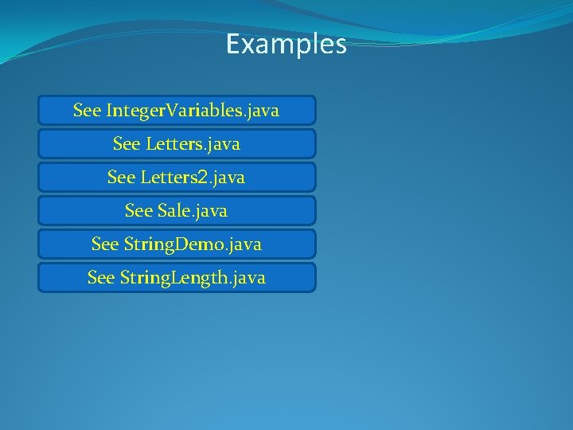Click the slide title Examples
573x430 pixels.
click(x=286, y=44)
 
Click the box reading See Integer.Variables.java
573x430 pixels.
click(x=177, y=111)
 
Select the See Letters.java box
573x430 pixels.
click(x=177, y=144)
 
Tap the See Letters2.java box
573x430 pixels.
click(x=177, y=178)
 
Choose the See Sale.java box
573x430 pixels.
click(x=177, y=211)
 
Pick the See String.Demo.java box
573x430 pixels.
click(x=177, y=244)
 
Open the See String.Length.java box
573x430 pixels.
click(x=177, y=278)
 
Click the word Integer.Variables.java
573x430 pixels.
click(x=192, y=111)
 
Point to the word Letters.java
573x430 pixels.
click(x=192, y=144)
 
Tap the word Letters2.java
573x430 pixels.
click(x=192, y=178)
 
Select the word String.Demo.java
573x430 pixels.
click(x=192, y=244)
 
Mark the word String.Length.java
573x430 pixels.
click(x=192, y=278)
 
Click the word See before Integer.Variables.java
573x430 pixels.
click(x=87, y=111)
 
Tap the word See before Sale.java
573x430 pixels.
click(x=138, y=211)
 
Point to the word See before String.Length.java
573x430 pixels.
click(x=101, y=278)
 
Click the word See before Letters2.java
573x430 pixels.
click(x=121, y=178)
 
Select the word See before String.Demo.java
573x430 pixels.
click(x=105, y=244)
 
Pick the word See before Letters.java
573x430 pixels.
click(x=127, y=144)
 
